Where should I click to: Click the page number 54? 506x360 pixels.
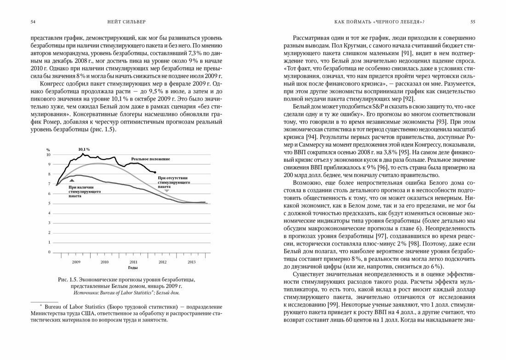tap(33, 22)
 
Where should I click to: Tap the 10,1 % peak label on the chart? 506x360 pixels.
tap(83, 149)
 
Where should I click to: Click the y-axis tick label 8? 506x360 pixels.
tap(49, 174)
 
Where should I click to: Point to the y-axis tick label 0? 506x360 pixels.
tap(49, 252)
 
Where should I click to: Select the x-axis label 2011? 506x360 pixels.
tap(133, 262)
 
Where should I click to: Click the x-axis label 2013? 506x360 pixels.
tap(191, 262)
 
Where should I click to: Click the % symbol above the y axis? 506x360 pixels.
tap(48, 150)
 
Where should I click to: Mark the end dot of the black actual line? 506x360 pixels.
tap(155, 172)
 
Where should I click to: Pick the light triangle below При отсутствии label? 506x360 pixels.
tap(167, 190)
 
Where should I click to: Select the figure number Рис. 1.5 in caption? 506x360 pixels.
tap(68, 280)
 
